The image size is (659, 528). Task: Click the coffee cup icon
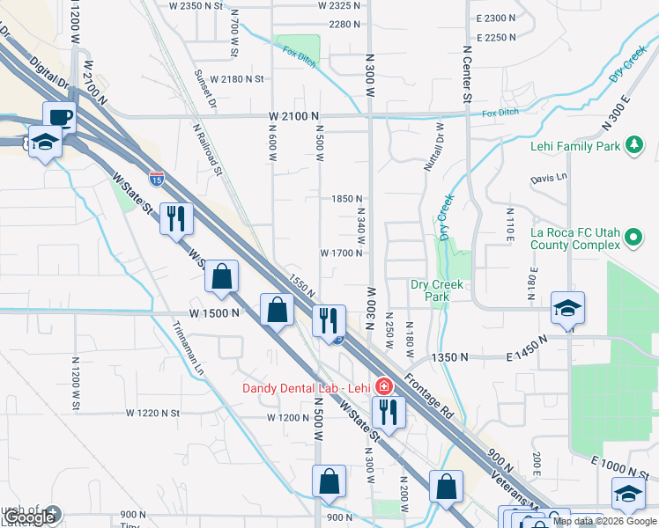(60, 117)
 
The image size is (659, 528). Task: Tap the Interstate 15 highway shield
(157, 180)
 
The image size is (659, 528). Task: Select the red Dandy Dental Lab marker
(383, 386)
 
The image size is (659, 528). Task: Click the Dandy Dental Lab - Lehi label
(306, 387)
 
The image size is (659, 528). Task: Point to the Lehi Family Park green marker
(633, 146)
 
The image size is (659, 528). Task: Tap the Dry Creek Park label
(435, 290)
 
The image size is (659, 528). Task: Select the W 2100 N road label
(293, 116)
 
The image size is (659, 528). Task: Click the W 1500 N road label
(214, 313)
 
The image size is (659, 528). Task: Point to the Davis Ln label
(548, 179)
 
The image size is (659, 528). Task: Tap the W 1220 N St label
(152, 412)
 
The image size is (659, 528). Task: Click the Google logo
(28, 517)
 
